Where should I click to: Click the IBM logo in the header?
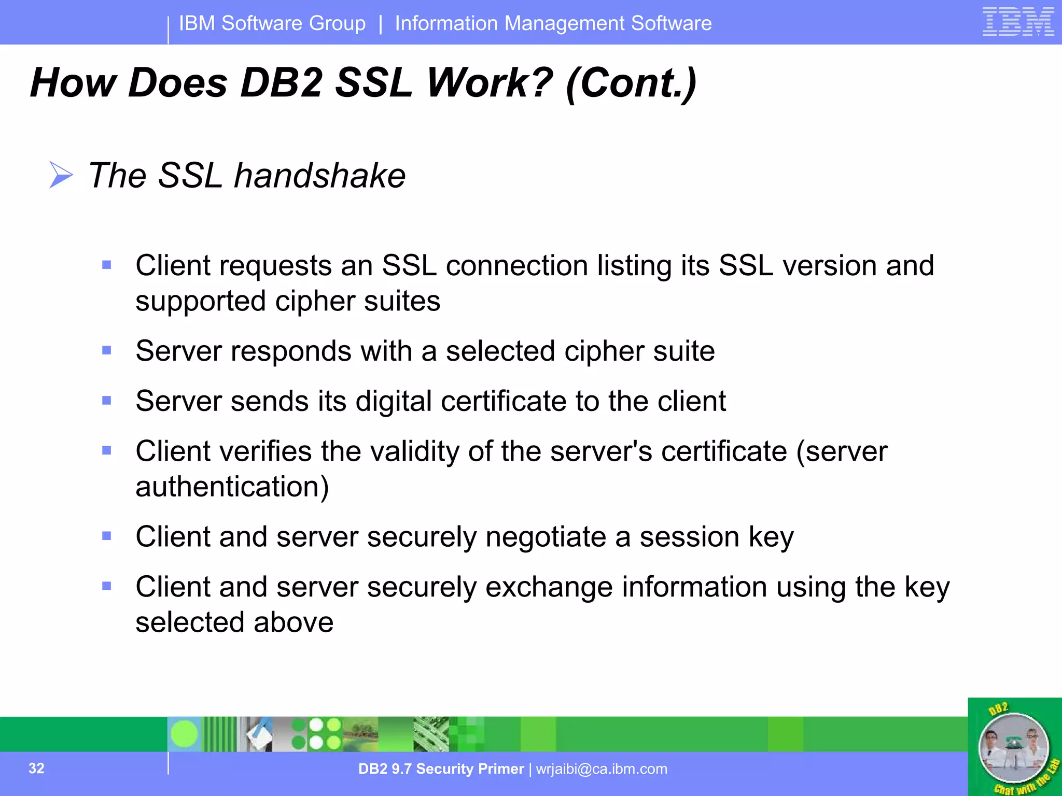1018,22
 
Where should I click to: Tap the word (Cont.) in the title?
631,83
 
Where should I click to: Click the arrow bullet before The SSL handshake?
61,175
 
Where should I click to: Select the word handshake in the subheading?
319,176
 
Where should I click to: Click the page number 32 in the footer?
36,768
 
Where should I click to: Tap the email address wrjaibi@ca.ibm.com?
602,769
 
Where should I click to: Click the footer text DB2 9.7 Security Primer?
441,769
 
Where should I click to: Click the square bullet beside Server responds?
107,351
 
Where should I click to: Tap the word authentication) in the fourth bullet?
232,487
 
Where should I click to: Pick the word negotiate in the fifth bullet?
546,536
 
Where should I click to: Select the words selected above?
234,622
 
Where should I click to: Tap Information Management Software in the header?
553,23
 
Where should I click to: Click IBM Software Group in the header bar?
272,23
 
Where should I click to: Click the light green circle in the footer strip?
184,734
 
